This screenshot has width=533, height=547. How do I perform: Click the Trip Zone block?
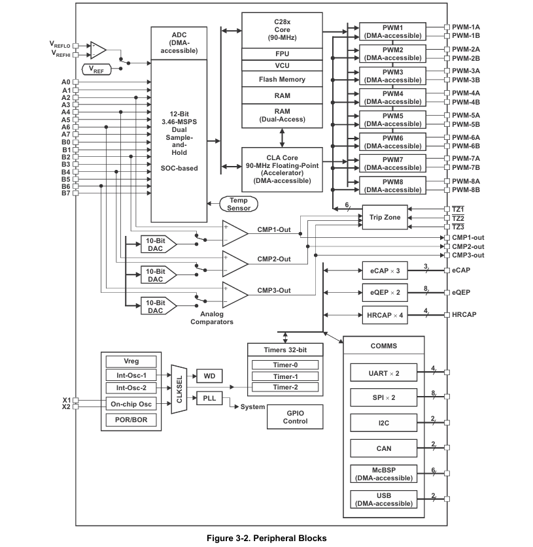(x=385, y=217)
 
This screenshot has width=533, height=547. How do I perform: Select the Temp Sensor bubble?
(x=239, y=204)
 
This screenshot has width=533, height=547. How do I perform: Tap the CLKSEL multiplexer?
(x=179, y=390)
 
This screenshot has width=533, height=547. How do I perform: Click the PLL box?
(x=209, y=399)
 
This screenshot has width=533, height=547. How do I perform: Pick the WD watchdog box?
(x=209, y=376)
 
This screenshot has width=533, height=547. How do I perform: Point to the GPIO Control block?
(x=295, y=417)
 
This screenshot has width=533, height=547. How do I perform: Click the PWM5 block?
(x=392, y=120)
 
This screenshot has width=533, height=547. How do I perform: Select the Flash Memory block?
(x=282, y=79)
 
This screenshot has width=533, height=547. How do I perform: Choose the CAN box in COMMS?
(x=384, y=448)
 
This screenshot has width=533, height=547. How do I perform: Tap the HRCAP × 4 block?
(x=385, y=315)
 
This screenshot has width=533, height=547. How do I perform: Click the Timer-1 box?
(x=285, y=376)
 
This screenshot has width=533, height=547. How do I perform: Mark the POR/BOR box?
(x=131, y=420)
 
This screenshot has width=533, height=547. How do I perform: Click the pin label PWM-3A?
(x=466, y=71)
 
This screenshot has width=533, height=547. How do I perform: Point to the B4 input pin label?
(x=66, y=172)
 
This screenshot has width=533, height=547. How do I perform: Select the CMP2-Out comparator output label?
(x=274, y=259)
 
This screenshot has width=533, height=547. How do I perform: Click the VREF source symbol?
(x=96, y=69)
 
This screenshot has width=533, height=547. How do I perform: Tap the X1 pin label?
(x=66, y=400)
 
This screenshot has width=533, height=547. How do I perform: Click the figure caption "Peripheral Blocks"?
(x=290, y=538)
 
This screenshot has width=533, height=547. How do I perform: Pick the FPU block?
(x=282, y=54)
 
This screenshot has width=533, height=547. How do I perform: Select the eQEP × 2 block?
(x=385, y=292)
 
